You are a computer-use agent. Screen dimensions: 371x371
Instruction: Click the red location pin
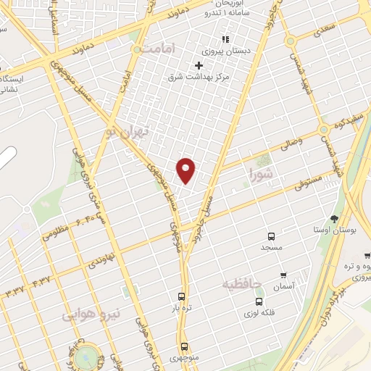pos(186,170)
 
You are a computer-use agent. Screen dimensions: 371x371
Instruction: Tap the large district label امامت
pos(160,49)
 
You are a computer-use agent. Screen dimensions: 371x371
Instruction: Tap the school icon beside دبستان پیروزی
pos(225,38)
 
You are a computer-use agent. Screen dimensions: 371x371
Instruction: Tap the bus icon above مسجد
pos(271,237)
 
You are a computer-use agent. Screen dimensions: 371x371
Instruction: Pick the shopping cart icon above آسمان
pos(283,276)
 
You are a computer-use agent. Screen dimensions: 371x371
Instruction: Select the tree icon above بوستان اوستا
pos(334,218)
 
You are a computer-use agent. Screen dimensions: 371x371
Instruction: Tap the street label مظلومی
pos(57,233)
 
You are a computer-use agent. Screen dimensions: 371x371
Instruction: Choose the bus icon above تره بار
pos(181,296)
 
